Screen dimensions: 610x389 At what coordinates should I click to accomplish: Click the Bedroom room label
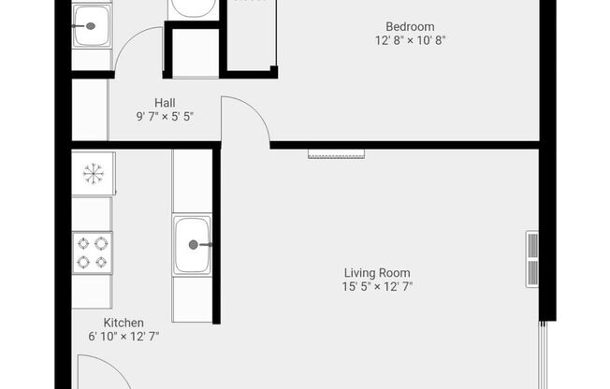[410, 27]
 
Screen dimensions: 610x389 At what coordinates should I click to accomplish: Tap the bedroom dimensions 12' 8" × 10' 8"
[410, 40]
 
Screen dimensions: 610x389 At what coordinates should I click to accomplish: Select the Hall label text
[165, 103]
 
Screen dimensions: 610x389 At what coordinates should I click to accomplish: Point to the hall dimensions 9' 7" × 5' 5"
[165, 116]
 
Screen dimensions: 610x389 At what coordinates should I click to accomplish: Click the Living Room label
[377, 273]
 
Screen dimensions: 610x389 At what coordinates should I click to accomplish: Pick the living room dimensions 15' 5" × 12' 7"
[377, 287]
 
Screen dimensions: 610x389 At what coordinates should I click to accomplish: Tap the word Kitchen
[123, 323]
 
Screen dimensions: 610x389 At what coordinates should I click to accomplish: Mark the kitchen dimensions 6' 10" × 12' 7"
[123, 337]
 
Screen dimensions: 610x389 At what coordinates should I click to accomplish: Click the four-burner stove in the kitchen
[93, 252]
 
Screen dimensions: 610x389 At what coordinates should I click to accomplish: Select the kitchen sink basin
[193, 245]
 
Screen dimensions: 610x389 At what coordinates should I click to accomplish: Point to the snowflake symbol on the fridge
[94, 174]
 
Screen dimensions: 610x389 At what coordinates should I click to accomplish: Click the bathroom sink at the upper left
[92, 26]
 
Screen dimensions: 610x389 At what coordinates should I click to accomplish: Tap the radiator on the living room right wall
[532, 259]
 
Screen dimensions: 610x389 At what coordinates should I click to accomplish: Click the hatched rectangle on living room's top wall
[337, 154]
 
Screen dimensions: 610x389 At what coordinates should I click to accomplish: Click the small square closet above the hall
[196, 52]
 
